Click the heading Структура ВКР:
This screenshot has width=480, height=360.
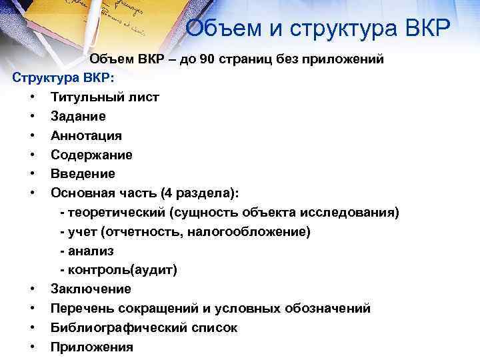(x=64, y=77)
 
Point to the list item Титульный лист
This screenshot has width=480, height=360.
(x=105, y=97)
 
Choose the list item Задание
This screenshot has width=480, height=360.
(x=78, y=116)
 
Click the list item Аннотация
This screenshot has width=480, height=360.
(x=86, y=135)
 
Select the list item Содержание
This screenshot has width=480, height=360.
(x=91, y=155)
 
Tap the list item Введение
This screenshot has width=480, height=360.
(x=83, y=174)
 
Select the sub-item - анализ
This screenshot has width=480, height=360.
(x=87, y=251)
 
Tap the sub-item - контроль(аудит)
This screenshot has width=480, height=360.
(x=119, y=271)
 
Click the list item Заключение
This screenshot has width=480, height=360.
(x=91, y=289)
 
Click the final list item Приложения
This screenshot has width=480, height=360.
(x=92, y=347)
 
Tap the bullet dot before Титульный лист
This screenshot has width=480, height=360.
(x=33, y=97)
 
